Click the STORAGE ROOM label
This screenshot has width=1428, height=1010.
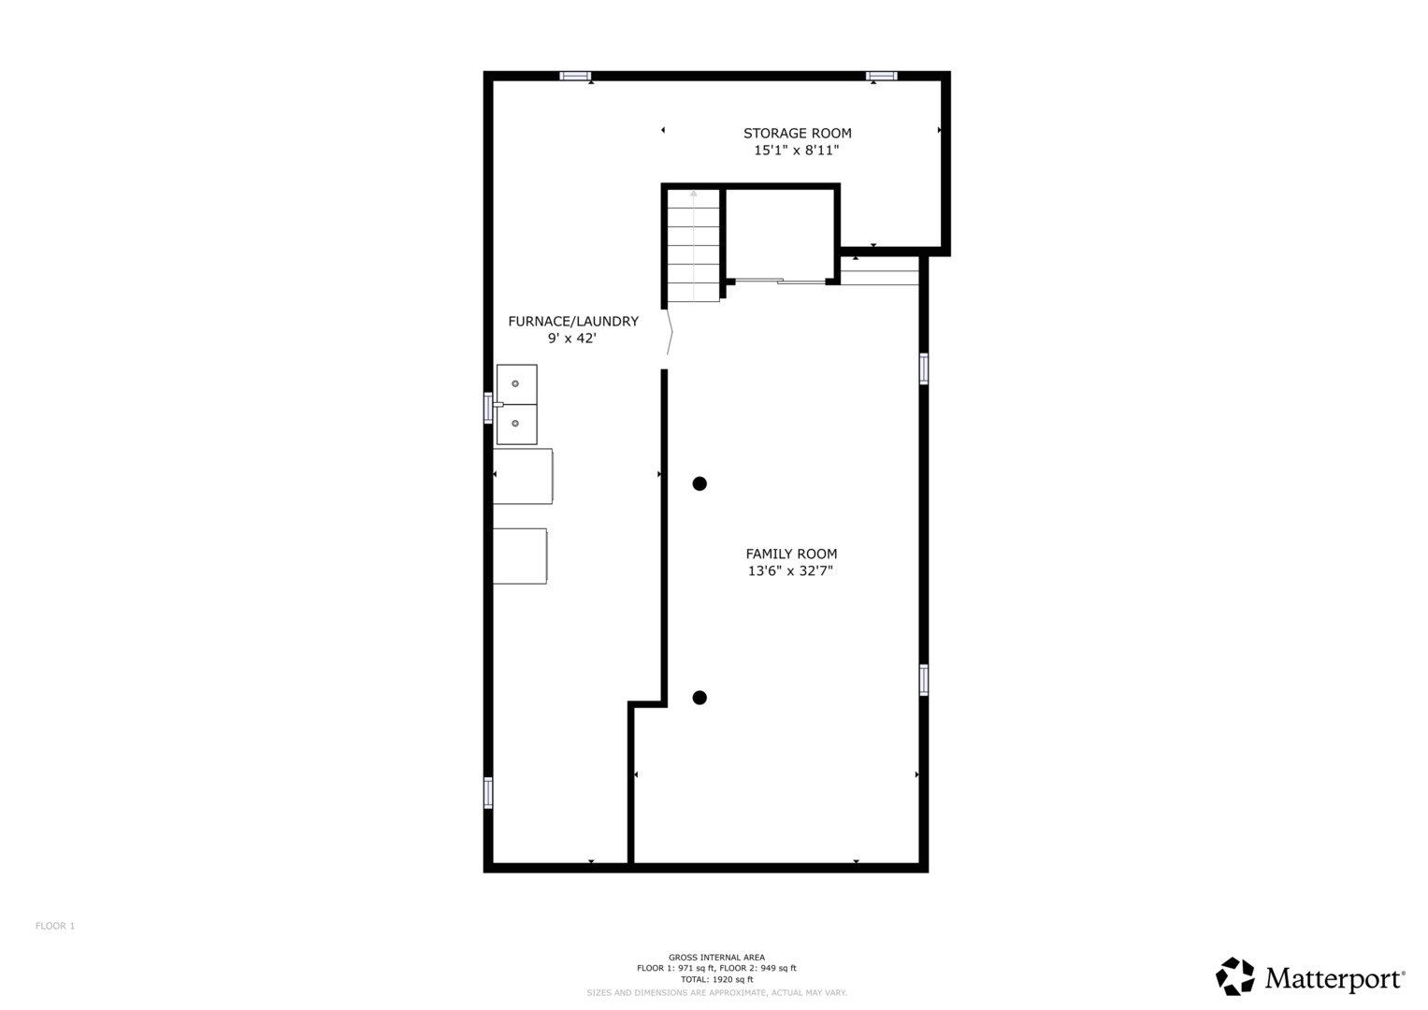tap(797, 134)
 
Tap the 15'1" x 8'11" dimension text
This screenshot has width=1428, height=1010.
tap(797, 151)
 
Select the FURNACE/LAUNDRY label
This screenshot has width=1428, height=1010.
tap(572, 322)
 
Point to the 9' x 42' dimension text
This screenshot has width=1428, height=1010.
tap(572, 339)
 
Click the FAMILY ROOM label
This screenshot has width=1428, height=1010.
tap(791, 554)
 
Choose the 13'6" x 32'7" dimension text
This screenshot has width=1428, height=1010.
tap(790, 570)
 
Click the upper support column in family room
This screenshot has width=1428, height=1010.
tap(700, 483)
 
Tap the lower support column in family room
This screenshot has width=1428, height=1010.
tap(700, 698)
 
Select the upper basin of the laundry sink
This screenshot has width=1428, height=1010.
tap(516, 383)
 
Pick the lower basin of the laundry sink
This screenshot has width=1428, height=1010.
tap(516, 424)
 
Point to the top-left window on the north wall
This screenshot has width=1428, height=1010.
tap(575, 76)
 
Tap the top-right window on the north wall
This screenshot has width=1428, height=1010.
tap(881, 76)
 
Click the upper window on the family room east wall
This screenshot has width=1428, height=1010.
tap(924, 368)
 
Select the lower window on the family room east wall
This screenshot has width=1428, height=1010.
tap(924, 680)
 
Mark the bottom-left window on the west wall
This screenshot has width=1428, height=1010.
tap(488, 792)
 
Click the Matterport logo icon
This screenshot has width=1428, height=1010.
tap(1235, 976)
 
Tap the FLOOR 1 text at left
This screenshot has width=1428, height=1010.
tap(55, 926)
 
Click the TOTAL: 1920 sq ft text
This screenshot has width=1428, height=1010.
tap(716, 979)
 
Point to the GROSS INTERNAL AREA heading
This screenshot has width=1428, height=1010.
tap(716, 957)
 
